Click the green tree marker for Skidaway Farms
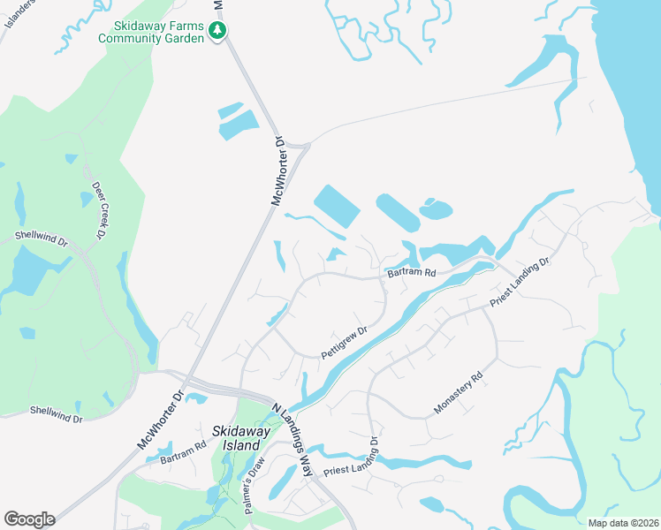(217, 31)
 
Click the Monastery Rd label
(459, 394)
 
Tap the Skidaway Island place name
(234, 438)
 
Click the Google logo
(29, 519)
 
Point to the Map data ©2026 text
(622, 523)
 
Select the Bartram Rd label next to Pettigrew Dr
(412, 274)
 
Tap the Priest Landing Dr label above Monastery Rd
(520, 283)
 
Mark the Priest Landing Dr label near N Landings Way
(353, 464)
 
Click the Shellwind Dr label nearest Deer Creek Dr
(40, 238)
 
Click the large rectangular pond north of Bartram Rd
(337, 206)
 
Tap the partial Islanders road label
(18, 12)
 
